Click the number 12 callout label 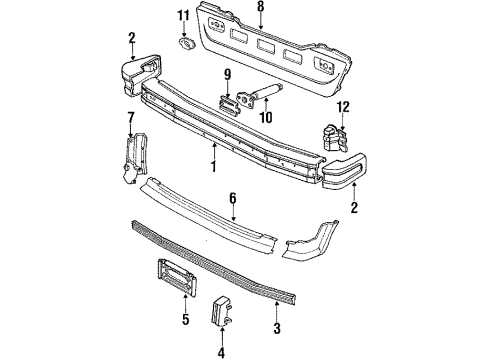pyautogui.click(x=343, y=106)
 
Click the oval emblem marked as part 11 pyautogui.click(x=184, y=41)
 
